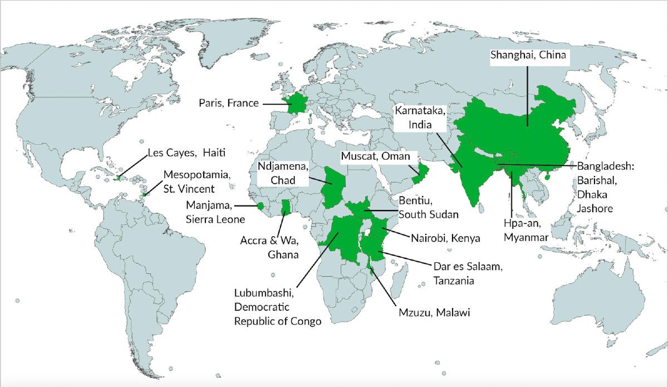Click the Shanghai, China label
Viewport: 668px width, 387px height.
pos(528,56)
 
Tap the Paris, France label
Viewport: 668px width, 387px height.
pos(229,103)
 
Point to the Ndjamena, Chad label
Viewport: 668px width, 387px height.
pos(283,174)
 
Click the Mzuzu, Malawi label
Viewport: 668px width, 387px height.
pos(433,313)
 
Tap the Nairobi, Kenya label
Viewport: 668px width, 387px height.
pos(445,238)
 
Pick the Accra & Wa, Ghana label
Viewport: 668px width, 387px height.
pos(269,248)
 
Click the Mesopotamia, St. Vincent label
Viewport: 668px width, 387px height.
pos(189,181)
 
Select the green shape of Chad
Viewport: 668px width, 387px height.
pos(335,187)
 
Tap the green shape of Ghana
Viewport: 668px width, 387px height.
pos(286,208)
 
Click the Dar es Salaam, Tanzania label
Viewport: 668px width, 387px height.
pos(468,274)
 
